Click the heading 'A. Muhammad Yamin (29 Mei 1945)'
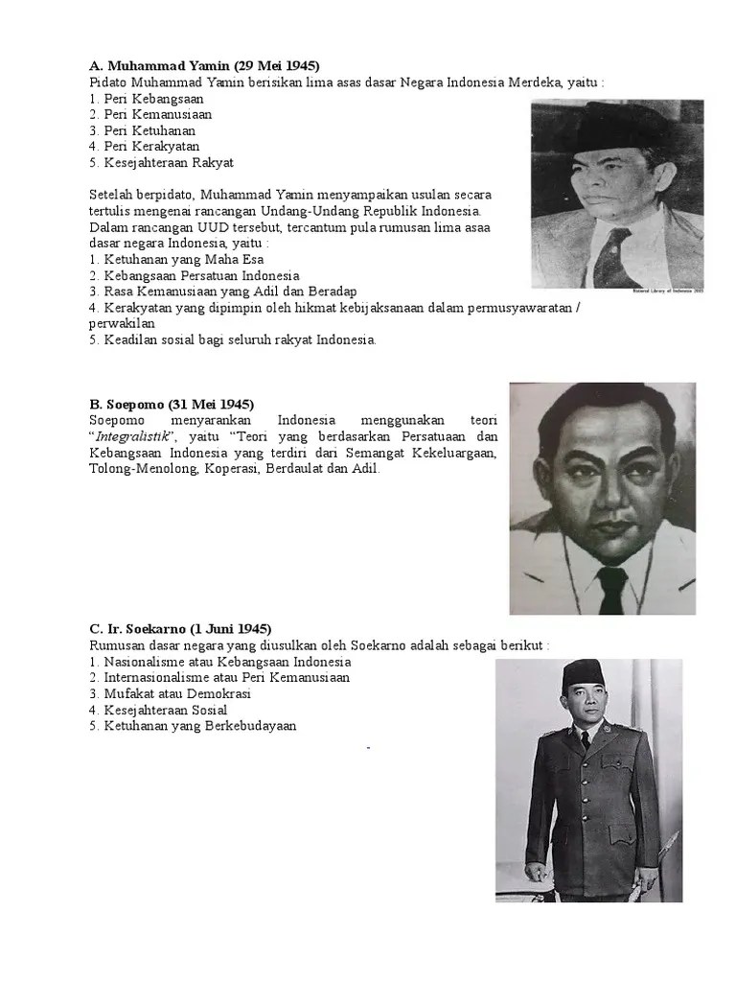click(204, 65)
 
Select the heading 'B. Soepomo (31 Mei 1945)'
click(172, 404)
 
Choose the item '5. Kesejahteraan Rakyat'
click(161, 163)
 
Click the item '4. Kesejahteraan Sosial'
click(158, 710)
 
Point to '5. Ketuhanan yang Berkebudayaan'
click(193, 726)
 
